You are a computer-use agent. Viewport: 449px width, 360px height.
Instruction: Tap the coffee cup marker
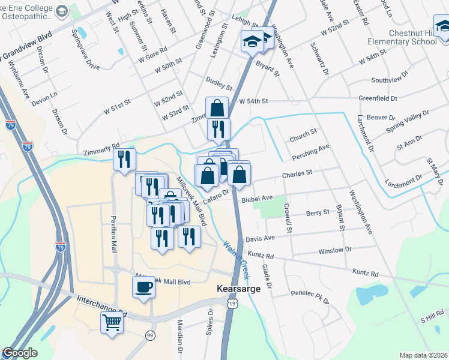[144, 287]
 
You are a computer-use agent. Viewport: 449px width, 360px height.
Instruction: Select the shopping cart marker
[112, 322]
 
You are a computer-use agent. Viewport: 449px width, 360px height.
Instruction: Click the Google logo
[19, 353]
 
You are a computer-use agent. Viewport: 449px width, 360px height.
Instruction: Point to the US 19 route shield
[232, 304]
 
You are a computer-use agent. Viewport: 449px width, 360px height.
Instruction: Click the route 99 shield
[149, 334]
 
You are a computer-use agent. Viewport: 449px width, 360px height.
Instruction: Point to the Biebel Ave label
[258, 198]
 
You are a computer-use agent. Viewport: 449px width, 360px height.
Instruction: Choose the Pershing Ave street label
[311, 152]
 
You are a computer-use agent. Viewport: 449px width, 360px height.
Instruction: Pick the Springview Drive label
[84, 50]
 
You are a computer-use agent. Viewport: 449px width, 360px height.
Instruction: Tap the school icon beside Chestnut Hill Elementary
[442, 27]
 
